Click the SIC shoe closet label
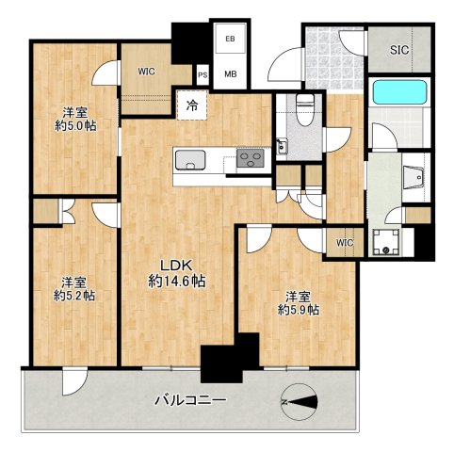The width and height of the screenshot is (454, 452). point(399,50)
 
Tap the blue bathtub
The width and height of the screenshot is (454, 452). point(399,92)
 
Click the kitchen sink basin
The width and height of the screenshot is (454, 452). point(190,160)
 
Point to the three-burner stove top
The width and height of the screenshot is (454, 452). point(251,158)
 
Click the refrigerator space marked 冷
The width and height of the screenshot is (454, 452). point(192,105)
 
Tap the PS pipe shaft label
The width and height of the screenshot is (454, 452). point(203,75)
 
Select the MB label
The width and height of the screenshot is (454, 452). point(231,74)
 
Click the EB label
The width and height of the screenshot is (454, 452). point(230,39)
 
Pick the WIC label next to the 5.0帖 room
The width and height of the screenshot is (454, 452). point(147,72)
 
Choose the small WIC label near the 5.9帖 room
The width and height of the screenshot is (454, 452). point(345,243)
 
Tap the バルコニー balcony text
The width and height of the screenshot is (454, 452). point(190,400)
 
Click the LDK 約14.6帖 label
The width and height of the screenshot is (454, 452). point(176,273)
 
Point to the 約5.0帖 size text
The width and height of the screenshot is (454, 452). point(75,126)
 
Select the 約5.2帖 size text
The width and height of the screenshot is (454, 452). point(74,296)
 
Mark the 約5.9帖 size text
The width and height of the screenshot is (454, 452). point(299,310)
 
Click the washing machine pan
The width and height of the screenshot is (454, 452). point(386,242)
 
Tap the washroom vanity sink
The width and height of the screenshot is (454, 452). point(414,178)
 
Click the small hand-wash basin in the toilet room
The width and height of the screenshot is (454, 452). point(282,146)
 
